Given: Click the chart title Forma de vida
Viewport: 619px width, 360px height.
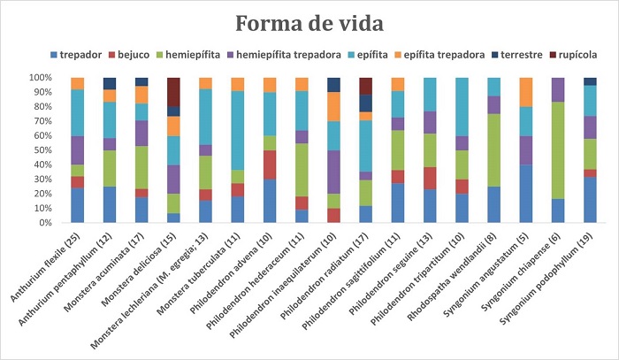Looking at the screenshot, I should (309, 21).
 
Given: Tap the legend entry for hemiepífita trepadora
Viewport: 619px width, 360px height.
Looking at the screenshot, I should (296, 55).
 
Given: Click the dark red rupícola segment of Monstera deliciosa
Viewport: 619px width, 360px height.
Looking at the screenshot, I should (173, 92).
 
